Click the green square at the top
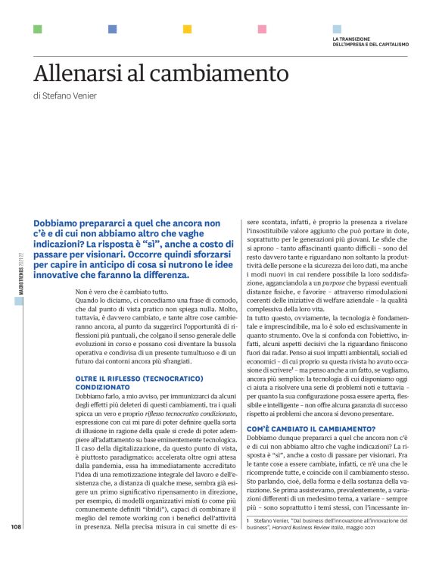pos(37,30)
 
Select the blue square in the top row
pos(112,30)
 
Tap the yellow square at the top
pos(187,30)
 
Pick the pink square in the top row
pos(262,30)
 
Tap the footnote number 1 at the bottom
pos(248,542)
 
